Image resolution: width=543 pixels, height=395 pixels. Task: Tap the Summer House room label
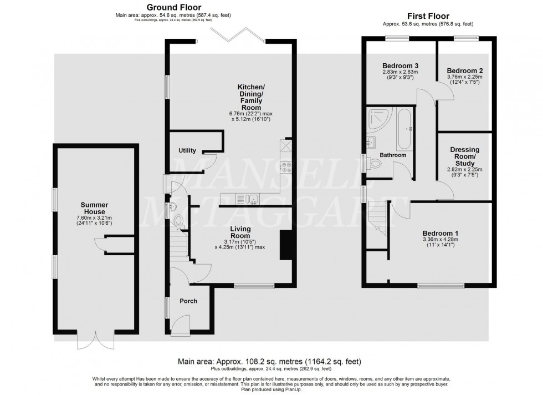[x=94, y=209]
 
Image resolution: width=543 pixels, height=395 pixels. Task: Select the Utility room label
[x=187, y=150]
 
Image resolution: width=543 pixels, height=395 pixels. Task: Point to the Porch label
[x=188, y=301]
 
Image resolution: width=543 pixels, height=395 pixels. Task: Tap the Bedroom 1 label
[x=440, y=233]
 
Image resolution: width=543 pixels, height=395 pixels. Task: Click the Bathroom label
[x=392, y=155]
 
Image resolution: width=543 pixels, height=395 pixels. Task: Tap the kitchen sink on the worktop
[x=252, y=198]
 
